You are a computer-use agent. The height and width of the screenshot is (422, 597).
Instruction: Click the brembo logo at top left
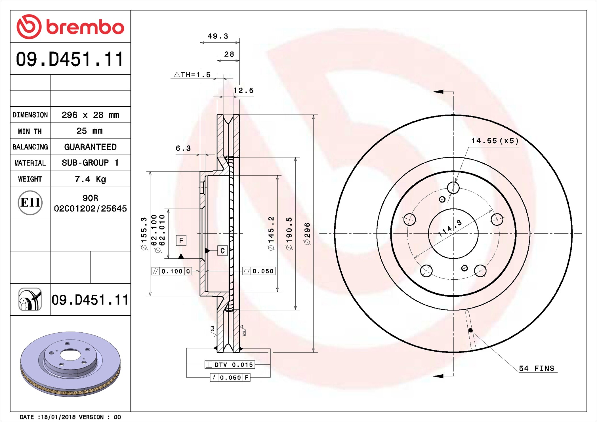[70, 27]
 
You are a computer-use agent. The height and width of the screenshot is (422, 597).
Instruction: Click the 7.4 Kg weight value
[90, 179]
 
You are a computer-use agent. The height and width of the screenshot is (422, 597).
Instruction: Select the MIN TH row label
[30, 131]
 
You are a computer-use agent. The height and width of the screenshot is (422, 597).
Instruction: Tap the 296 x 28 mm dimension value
[90, 115]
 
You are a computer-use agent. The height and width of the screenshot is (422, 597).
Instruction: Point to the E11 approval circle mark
[30, 202]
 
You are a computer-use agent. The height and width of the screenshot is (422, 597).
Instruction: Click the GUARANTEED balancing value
[90, 147]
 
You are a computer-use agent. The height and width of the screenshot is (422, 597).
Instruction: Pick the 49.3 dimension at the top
[218, 36]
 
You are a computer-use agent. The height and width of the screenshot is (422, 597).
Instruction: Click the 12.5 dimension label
[243, 90]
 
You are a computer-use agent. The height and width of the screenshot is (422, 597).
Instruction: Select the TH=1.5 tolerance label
[192, 75]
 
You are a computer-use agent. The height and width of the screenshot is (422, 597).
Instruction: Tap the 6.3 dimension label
[183, 148]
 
